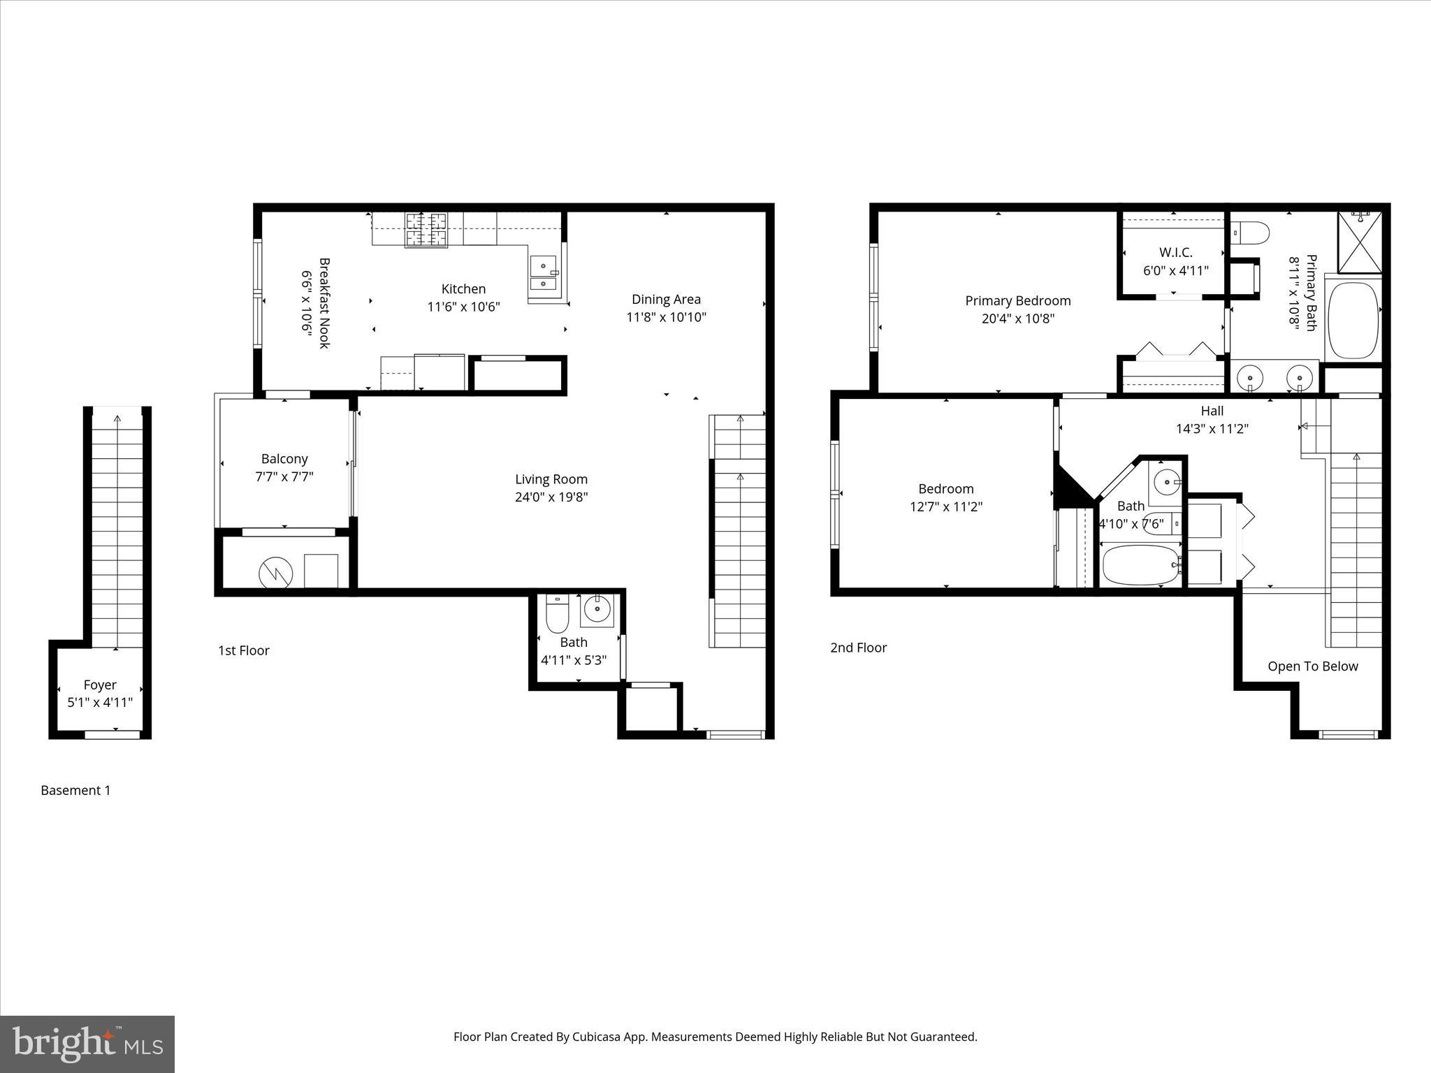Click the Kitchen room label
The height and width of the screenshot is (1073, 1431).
[x=463, y=289]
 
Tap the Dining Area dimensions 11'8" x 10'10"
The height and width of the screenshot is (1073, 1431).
[x=666, y=317]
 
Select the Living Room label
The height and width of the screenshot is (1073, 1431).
[x=551, y=479]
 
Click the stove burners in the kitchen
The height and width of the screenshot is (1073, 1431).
[x=426, y=230]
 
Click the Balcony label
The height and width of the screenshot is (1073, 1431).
[x=284, y=459]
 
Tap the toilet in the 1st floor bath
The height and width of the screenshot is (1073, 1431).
[x=558, y=614]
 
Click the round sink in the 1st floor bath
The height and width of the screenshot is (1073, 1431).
[x=597, y=608]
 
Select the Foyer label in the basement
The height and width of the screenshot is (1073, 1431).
[x=100, y=685]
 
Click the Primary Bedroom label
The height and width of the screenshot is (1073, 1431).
[x=1017, y=300]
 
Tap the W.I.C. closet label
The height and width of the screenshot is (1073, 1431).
[x=1176, y=252]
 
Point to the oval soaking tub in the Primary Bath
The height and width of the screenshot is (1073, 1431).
[x=1353, y=320]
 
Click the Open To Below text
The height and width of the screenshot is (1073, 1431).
[x=1312, y=666]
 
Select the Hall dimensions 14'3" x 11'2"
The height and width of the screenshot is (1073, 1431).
[x=1212, y=429]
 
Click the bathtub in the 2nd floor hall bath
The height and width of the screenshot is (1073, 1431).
[x=1140, y=565]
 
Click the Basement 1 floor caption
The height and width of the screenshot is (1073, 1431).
[x=75, y=790]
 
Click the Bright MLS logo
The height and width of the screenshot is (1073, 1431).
[x=87, y=1044]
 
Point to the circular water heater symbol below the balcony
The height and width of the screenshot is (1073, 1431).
[x=276, y=573]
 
